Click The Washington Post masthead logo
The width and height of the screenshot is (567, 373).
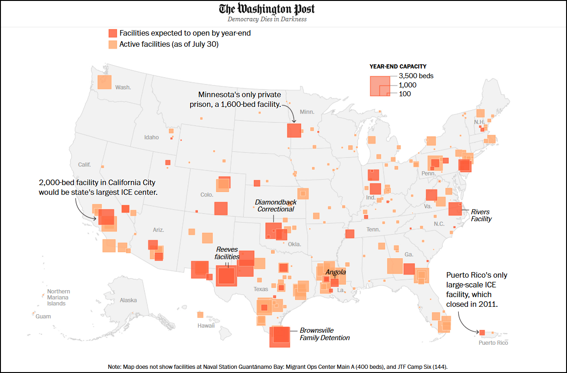click(267, 9)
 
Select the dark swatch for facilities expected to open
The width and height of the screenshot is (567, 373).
click(112, 33)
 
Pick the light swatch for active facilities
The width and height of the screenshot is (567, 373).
click(112, 44)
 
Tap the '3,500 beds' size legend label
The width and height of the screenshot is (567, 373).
click(416, 76)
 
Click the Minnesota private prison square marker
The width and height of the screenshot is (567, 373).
click(294, 130)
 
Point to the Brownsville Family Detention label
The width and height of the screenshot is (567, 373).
click(324, 334)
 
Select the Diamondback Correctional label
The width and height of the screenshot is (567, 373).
click(276, 205)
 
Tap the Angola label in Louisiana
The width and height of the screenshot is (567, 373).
click(335, 272)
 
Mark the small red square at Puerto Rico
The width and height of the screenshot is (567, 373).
click(482, 332)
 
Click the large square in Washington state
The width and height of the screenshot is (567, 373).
click(105, 82)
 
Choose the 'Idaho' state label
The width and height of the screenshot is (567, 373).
click(151, 137)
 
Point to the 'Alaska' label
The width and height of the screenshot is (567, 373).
click(128, 300)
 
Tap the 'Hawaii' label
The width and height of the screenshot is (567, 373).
click(206, 325)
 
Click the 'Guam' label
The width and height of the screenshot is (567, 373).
click(43, 317)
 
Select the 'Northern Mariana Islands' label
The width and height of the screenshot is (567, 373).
click(59, 297)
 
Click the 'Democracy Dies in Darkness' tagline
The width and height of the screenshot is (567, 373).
click(267, 19)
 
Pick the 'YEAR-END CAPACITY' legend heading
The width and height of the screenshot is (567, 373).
click(398, 66)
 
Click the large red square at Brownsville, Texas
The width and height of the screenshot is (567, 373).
click(280, 336)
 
